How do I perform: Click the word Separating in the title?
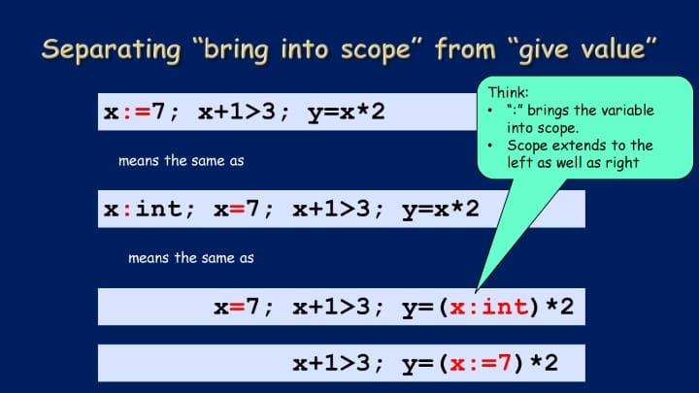pyautogui.click(x=111, y=49)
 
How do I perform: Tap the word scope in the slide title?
pyautogui.click(x=376, y=50)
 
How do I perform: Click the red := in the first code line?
pyautogui.click(x=136, y=112)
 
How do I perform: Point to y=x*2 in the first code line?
pyautogui.click(x=346, y=113)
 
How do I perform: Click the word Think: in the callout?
pyautogui.click(x=508, y=92)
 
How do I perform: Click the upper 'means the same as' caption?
pyautogui.click(x=181, y=161)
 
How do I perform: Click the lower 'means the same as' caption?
pyautogui.click(x=191, y=258)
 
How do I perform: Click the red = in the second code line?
pyautogui.click(x=237, y=210)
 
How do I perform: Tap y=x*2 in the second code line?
pyautogui.click(x=441, y=210)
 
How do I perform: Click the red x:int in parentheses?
pyautogui.click(x=489, y=307)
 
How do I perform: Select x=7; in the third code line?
pyautogui.click(x=243, y=307)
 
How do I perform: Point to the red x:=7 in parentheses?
pyautogui.click(x=481, y=364)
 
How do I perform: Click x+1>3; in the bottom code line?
pyautogui.click(x=338, y=364)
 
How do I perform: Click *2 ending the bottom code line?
pyautogui.click(x=544, y=364)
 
